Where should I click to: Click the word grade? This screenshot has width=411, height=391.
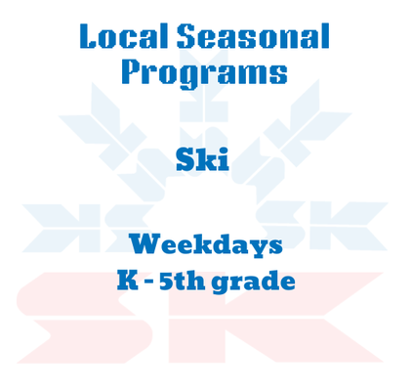[x=255, y=282]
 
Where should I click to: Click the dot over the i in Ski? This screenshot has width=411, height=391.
[x=224, y=149]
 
